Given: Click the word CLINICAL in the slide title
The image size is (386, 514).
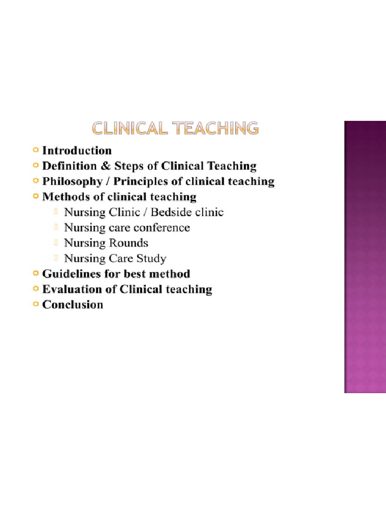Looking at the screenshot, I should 129,128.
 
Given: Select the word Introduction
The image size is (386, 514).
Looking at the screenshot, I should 77,151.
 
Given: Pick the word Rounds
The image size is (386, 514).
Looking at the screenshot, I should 128,243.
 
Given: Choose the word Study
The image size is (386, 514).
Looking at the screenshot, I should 152,259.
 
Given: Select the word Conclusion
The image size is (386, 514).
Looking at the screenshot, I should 73,305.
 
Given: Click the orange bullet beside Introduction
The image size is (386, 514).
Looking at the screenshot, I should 35,150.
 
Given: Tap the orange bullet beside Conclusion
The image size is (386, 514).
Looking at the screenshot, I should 35,304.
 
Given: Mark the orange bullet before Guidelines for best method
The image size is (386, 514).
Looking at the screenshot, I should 35,274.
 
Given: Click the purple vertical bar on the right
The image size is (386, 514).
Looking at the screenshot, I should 364,256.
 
